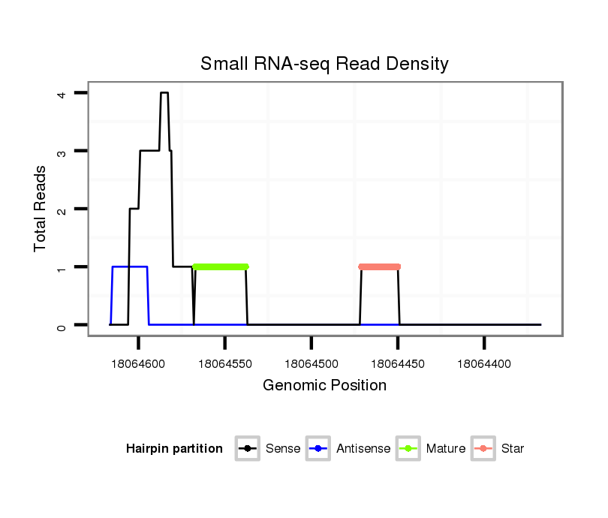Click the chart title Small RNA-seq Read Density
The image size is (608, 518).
tap(324, 64)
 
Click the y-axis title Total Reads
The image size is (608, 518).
tap(41, 208)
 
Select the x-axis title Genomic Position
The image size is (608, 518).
tap(324, 386)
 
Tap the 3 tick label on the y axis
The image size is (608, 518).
tap(61, 151)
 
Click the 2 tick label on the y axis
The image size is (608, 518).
tap(61, 209)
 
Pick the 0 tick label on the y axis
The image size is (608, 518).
tap(61, 325)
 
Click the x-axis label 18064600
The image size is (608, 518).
tap(139, 364)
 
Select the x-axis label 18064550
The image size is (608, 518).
tap(225, 364)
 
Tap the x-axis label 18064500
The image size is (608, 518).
tap(312, 364)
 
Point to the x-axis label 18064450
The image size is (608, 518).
tap(398, 364)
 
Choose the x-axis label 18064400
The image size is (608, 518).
tap(484, 364)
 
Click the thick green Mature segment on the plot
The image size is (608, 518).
tap(221, 267)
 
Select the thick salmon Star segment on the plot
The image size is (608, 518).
tap(380, 267)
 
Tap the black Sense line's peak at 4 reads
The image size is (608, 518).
tap(164, 93)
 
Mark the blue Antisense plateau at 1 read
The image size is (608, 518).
tap(129, 267)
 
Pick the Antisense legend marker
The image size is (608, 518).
tap(318, 449)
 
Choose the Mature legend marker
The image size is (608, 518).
tap(408, 449)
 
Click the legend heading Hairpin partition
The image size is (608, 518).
tap(174, 449)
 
